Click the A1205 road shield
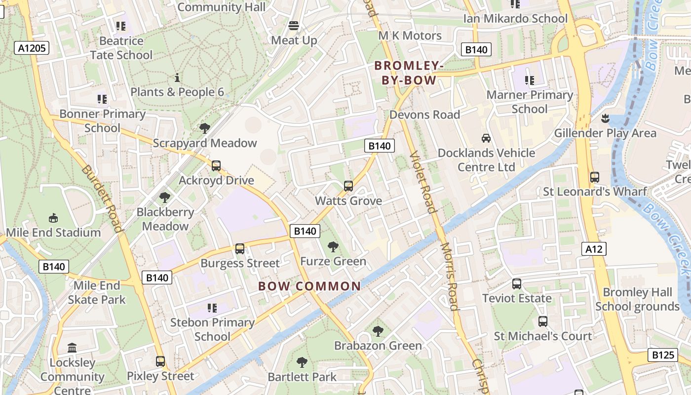pyautogui.click(x=32, y=48)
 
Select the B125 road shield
pyautogui.click(x=663, y=355)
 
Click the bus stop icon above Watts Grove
pyautogui.click(x=348, y=186)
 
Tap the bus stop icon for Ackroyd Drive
pyautogui.click(x=216, y=166)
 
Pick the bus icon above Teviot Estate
pyautogui.click(x=517, y=284)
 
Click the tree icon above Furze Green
pyautogui.click(x=333, y=246)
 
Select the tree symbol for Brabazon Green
pyautogui.click(x=378, y=331)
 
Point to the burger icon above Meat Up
pyautogui.click(x=294, y=26)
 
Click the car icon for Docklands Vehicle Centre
pyautogui.click(x=486, y=138)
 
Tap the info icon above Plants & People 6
pyautogui.click(x=177, y=78)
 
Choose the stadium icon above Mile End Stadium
pyautogui.click(x=53, y=218)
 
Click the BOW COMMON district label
pyautogui.click(x=309, y=286)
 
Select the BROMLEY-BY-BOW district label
pyautogui.click(x=406, y=73)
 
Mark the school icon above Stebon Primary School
pyautogui.click(x=212, y=308)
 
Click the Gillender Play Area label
pyautogui.click(x=605, y=133)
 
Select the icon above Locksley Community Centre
pyautogui.click(x=72, y=348)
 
